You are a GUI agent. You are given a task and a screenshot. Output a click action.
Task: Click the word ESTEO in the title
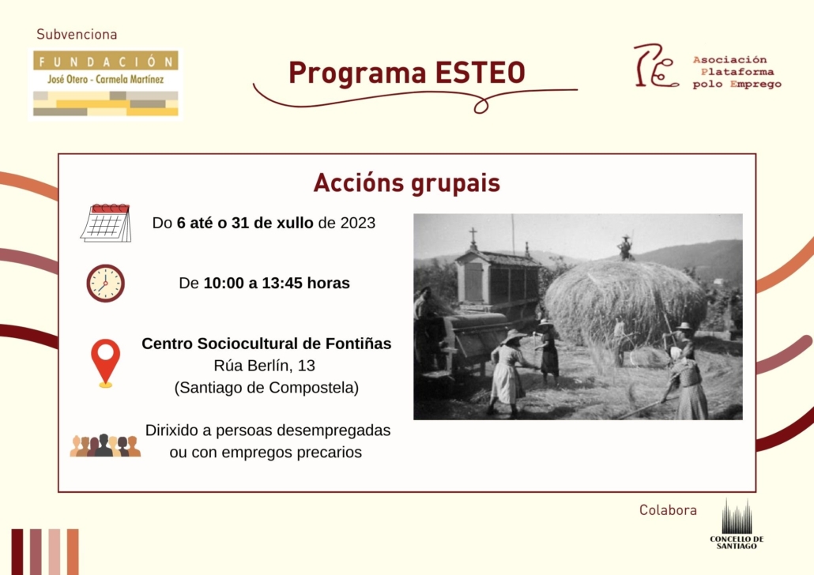click(480, 73)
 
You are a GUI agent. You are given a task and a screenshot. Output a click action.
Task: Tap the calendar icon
click(106, 223)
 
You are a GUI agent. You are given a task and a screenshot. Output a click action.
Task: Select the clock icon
click(105, 284)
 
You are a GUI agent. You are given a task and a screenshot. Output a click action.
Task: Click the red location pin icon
click(105, 363)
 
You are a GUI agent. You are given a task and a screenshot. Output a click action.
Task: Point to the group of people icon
click(105, 445)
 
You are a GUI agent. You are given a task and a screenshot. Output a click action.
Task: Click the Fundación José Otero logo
click(106, 84)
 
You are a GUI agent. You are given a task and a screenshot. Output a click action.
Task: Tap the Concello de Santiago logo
click(737, 524)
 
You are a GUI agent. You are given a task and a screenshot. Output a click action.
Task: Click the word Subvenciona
click(77, 35)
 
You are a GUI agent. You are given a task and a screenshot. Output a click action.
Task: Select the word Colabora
click(668, 510)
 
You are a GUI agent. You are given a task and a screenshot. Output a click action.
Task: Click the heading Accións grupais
click(407, 182)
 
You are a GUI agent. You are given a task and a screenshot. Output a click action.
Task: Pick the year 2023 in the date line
click(358, 223)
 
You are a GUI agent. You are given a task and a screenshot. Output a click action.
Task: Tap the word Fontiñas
click(358, 344)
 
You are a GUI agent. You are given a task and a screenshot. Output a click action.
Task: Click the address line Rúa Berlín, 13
click(264, 366)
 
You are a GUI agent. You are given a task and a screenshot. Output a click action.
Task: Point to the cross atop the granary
click(473, 237)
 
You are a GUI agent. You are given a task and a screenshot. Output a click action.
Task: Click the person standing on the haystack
click(626, 248)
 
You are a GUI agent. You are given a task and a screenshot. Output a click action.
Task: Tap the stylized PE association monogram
click(656, 66)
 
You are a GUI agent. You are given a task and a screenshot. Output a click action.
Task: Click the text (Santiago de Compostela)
click(266, 388)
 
